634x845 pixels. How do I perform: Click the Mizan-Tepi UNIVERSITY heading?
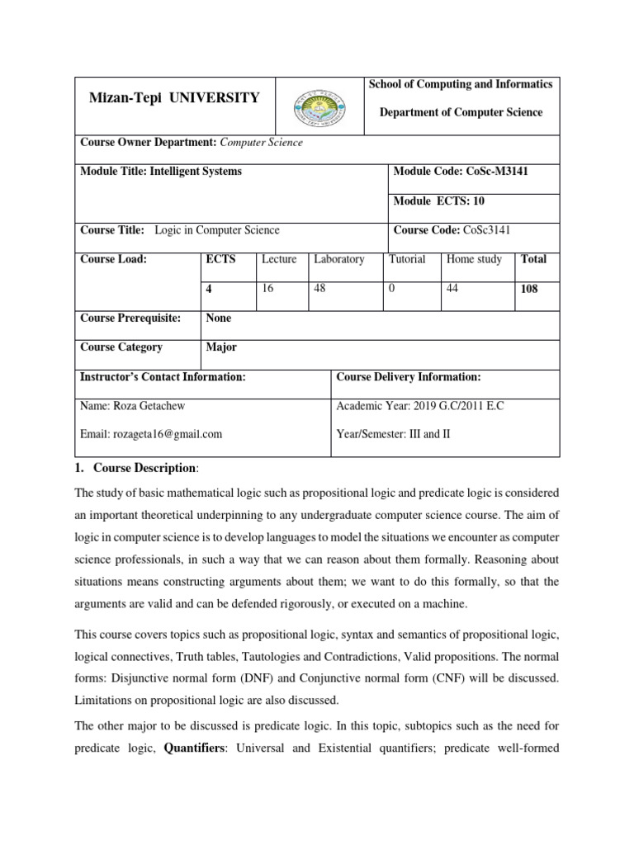click(174, 98)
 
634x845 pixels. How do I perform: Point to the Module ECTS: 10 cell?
click(434, 201)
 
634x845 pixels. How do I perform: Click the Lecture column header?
click(279, 259)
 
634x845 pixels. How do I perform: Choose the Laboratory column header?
click(339, 259)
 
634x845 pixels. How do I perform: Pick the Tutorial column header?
click(408, 259)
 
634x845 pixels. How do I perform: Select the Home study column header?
click(474, 259)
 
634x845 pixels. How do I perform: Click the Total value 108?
click(529, 290)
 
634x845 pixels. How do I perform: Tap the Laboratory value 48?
click(320, 289)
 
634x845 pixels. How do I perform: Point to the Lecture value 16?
click(267, 289)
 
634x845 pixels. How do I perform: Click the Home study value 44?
click(453, 289)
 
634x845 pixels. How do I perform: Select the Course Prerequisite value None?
click(219, 319)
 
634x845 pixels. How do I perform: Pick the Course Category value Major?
click(221, 347)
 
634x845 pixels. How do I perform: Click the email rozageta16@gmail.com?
click(151, 433)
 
